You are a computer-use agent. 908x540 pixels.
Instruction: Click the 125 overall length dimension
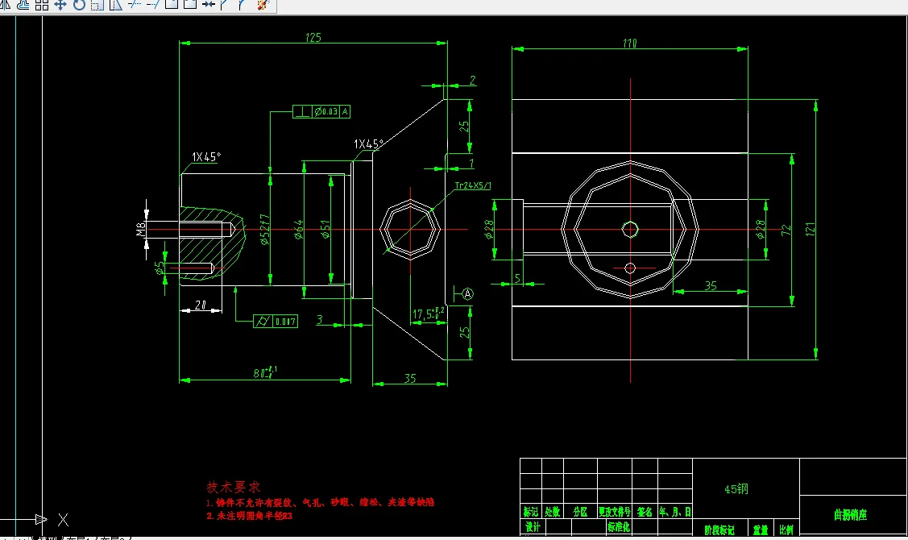coord(313,37)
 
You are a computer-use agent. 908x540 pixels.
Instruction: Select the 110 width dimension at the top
coord(629,44)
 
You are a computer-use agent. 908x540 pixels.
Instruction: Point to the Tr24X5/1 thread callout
coord(474,185)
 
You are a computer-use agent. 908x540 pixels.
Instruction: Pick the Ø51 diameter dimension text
coord(325,231)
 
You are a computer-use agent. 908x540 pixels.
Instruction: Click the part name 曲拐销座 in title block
coord(851,514)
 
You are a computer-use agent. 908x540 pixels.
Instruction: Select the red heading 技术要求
coord(234,487)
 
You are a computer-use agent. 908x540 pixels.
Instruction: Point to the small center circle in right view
coord(630,229)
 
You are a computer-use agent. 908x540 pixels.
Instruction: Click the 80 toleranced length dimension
coord(266,372)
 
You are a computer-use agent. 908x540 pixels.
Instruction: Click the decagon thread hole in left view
coord(410,230)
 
